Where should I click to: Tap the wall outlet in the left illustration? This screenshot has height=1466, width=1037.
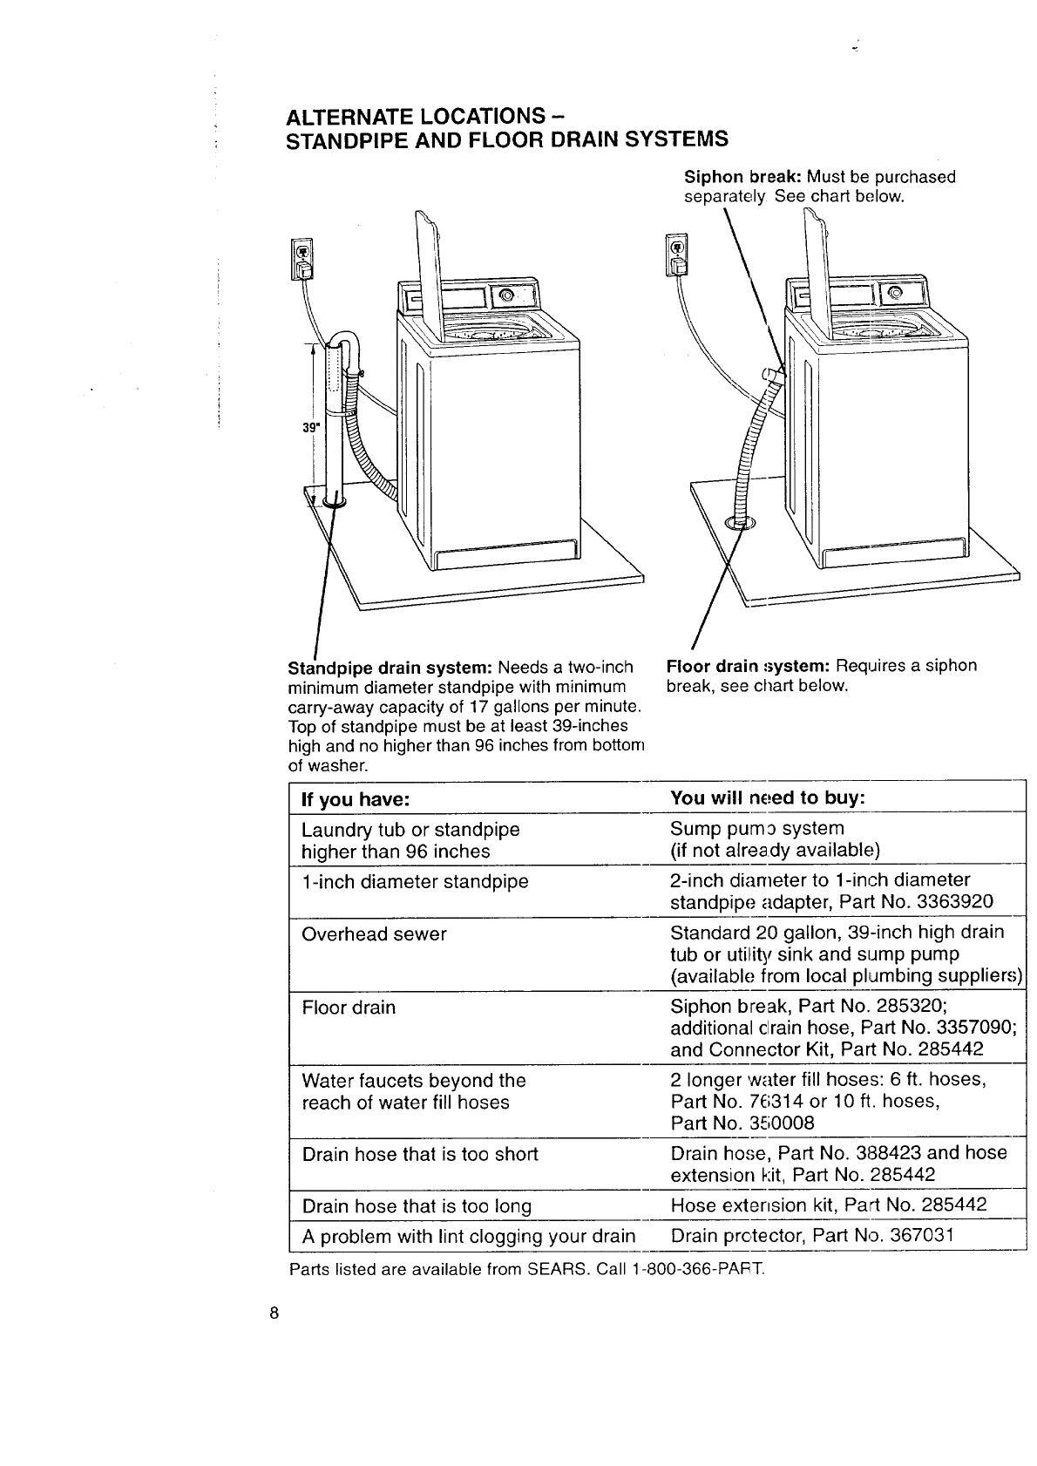301,259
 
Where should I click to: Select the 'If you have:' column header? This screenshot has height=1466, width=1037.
355,799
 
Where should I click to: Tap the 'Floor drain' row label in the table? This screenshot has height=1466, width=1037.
349,1008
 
